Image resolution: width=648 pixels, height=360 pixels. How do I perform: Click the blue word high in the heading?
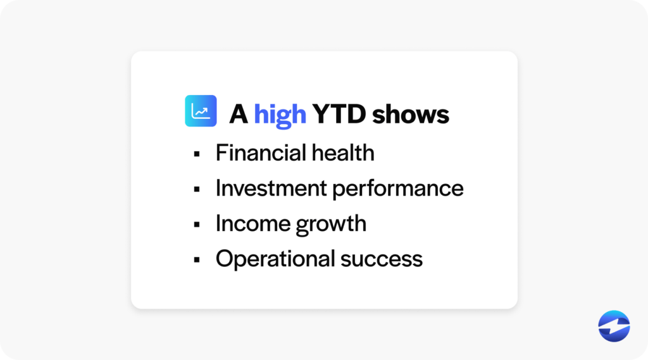(x=280, y=115)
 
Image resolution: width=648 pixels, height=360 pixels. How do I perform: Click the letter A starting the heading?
(x=238, y=115)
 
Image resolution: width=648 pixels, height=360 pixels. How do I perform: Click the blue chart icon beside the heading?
(x=201, y=111)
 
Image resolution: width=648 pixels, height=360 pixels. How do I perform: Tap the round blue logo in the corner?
(x=614, y=326)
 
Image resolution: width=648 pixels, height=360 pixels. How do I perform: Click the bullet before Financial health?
(x=197, y=154)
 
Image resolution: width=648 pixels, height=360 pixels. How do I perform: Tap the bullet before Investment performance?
(x=197, y=189)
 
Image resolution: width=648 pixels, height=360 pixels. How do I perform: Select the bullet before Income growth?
(x=197, y=225)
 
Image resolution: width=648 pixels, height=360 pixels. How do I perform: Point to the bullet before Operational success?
(x=197, y=259)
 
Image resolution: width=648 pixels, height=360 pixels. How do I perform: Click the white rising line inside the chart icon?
(x=201, y=112)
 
